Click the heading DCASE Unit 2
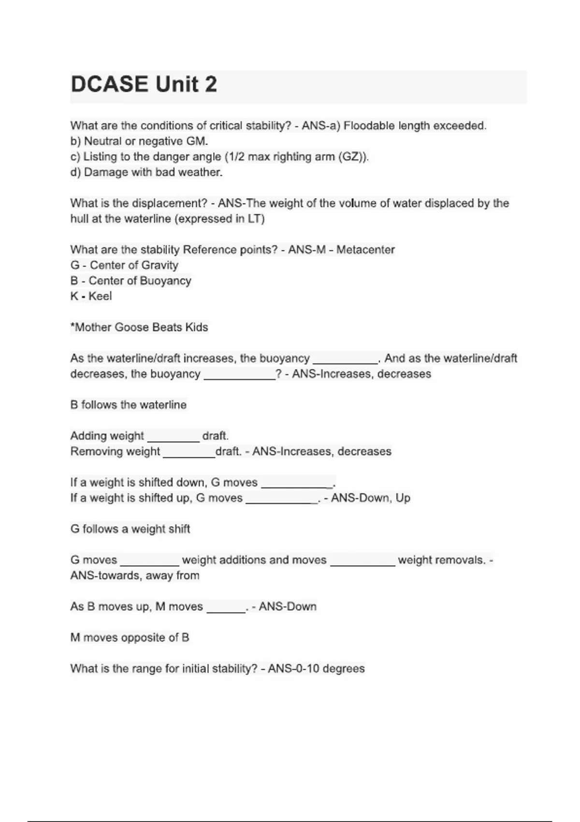144,85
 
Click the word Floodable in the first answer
368,126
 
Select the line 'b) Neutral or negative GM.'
139,141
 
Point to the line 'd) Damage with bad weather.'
146,172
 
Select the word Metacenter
365,250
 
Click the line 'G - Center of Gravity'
124,265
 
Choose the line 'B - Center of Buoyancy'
130,280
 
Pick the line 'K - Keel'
91,296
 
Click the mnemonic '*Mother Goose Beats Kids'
139,327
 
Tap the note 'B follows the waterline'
128,405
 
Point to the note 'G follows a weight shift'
130,529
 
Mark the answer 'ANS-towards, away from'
135,575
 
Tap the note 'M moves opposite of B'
130,637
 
